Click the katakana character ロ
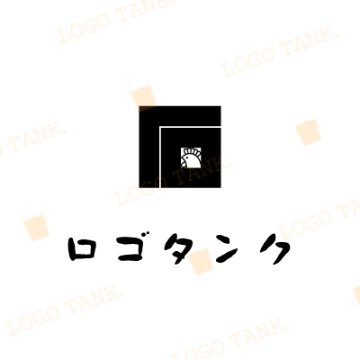click(81, 250)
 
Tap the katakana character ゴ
click(130, 248)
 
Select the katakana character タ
click(179, 249)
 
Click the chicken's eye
click(187, 157)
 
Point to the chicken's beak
click(183, 160)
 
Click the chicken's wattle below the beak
click(184, 164)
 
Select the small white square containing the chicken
click(191, 157)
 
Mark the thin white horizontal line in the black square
click(190, 127)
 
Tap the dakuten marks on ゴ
click(139, 236)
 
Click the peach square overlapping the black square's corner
click(143, 98)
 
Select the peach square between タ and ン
click(201, 262)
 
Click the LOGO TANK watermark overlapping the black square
click(174, 182)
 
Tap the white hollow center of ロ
click(81, 250)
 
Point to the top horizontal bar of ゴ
click(127, 241)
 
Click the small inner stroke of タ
click(177, 248)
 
